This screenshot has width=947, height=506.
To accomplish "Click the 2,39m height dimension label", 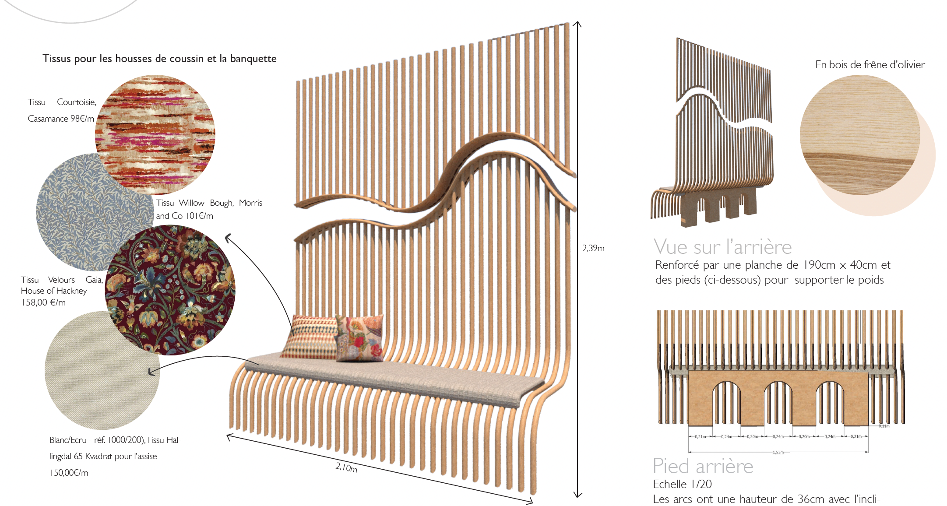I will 593,248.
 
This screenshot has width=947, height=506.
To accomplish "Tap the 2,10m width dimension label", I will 346,467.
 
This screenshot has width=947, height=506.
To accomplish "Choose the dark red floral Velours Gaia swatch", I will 171,290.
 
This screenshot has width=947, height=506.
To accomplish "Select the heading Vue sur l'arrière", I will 722,247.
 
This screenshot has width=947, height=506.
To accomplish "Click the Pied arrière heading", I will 703,466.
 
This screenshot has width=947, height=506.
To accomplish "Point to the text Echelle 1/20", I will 682,484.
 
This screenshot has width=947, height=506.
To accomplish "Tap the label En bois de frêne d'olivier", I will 870,65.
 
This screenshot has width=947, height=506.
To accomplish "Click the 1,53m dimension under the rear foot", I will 778,452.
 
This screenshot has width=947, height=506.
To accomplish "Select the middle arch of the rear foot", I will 778,401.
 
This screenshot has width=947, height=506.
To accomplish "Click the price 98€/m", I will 82,119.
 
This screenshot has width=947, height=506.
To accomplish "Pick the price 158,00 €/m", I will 43,302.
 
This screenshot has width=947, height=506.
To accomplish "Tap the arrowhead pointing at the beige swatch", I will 151,372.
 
